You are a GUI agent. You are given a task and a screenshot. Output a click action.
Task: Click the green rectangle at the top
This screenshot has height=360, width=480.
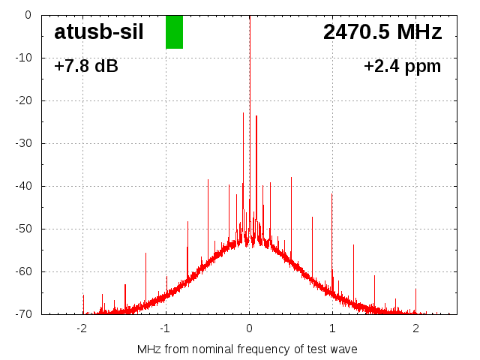[174, 31]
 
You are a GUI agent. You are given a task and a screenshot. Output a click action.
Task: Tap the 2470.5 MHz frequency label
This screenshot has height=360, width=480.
[382, 31]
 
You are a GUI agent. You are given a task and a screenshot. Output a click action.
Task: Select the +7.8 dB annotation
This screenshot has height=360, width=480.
[86, 67]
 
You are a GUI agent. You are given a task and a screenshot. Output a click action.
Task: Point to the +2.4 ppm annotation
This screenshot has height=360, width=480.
[402, 67]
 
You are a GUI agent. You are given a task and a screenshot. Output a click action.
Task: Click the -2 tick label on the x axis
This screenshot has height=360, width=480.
[82, 328]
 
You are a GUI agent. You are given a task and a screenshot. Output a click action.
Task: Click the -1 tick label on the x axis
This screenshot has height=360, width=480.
[165, 328]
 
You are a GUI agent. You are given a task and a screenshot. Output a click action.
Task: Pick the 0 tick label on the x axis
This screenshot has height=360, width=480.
[250, 328]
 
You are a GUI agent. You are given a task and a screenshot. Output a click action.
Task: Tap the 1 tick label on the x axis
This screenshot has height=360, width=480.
[332, 328]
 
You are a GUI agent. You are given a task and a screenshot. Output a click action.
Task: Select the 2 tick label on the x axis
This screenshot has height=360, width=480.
[415, 328]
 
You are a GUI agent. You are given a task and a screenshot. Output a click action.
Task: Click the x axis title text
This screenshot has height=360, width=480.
[247, 349]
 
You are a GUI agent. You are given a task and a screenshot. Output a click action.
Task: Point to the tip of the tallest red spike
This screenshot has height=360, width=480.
[244, 113]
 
